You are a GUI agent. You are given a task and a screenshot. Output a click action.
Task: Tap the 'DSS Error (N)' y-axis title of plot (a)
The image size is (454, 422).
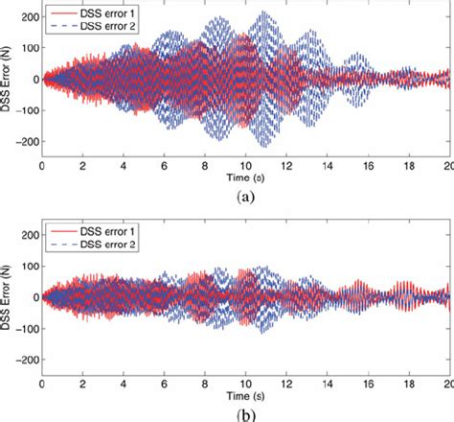(x=8, y=81)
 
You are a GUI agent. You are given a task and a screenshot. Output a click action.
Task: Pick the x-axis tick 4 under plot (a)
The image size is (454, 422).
(x=124, y=165)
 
